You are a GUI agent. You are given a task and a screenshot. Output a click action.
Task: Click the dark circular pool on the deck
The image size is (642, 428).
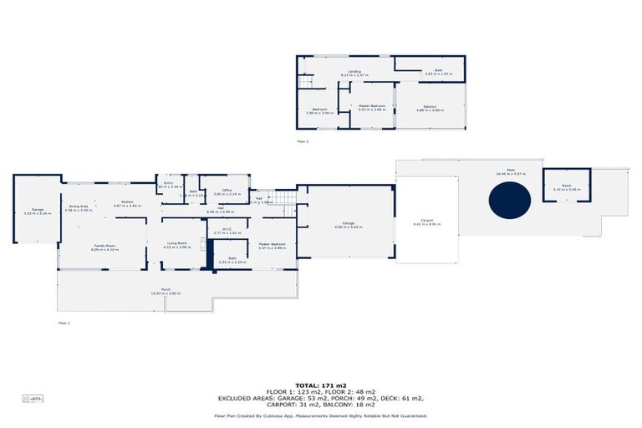[510, 201]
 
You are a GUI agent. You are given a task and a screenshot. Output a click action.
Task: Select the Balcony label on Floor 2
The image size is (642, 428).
[430, 108]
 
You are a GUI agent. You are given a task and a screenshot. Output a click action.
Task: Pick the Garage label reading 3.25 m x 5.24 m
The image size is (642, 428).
[38, 211]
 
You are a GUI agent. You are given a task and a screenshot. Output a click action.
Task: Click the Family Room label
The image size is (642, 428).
[104, 247]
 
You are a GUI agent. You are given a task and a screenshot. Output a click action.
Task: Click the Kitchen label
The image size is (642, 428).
[128, 203]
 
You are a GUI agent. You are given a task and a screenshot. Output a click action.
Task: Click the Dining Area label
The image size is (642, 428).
[79, 207]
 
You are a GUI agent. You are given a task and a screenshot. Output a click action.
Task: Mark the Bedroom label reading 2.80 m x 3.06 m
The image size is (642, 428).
[320, 110]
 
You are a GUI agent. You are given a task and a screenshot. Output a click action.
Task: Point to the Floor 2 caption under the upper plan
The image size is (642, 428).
[303, 142]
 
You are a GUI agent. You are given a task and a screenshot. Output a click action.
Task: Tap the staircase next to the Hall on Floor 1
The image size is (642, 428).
[284, 198]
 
